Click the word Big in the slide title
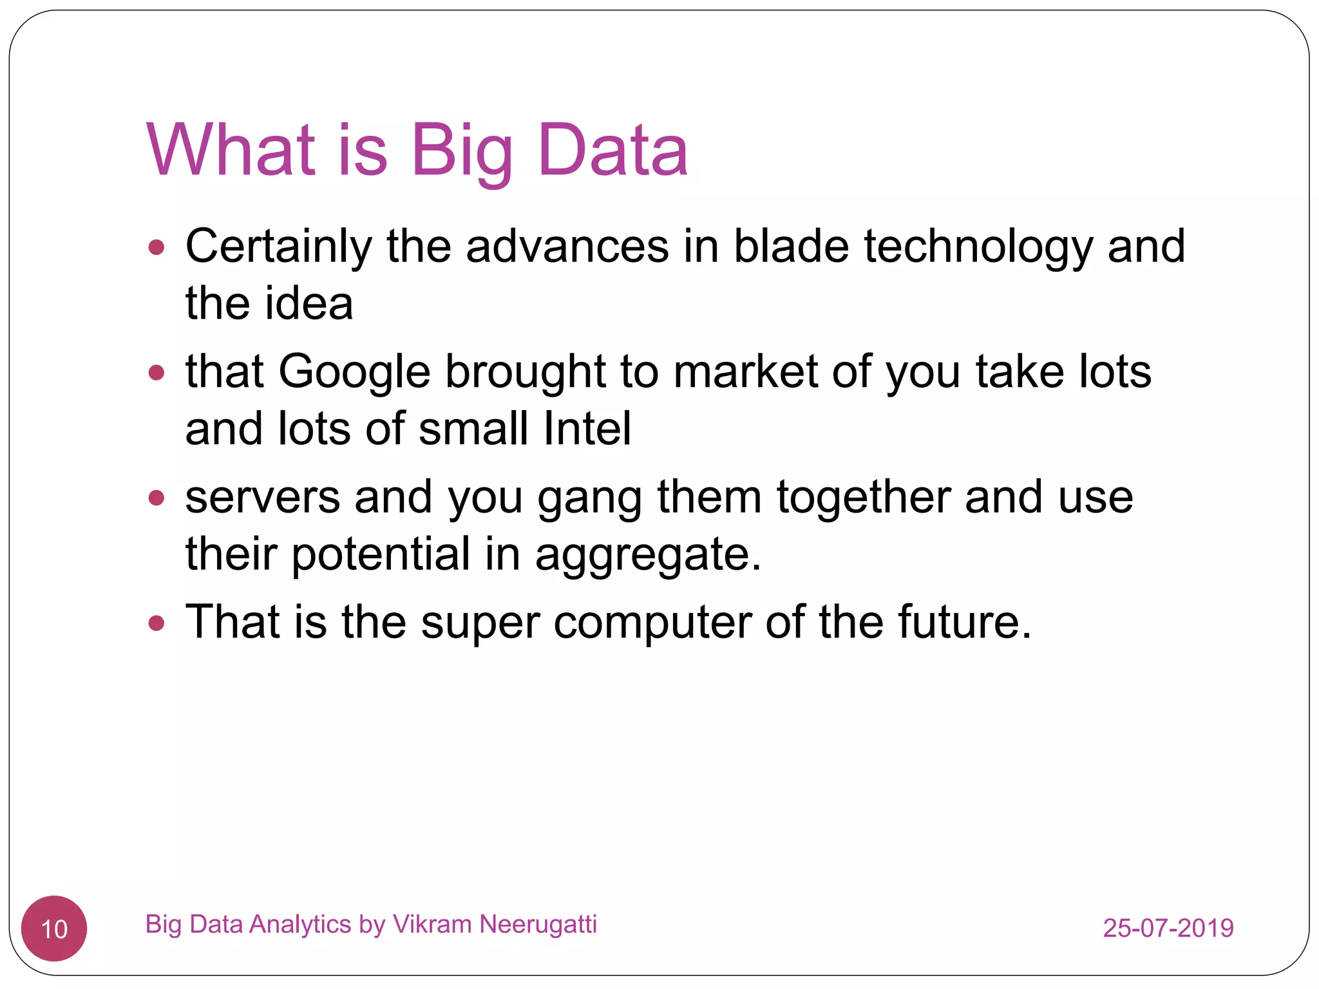pos(461,151)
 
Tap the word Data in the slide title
pos(612,151)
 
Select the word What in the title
pos(231,151)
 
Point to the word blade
pos(792,247)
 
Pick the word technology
pos(978,248)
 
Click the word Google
pos(354,372)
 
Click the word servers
pos(263,498)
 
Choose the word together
pos(863,498)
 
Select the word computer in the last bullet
pos(652,623)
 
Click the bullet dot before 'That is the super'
pos(157,623)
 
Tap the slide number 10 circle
pos(54,928)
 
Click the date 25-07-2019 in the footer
pos(1168,928)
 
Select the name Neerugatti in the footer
pos(538,925)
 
